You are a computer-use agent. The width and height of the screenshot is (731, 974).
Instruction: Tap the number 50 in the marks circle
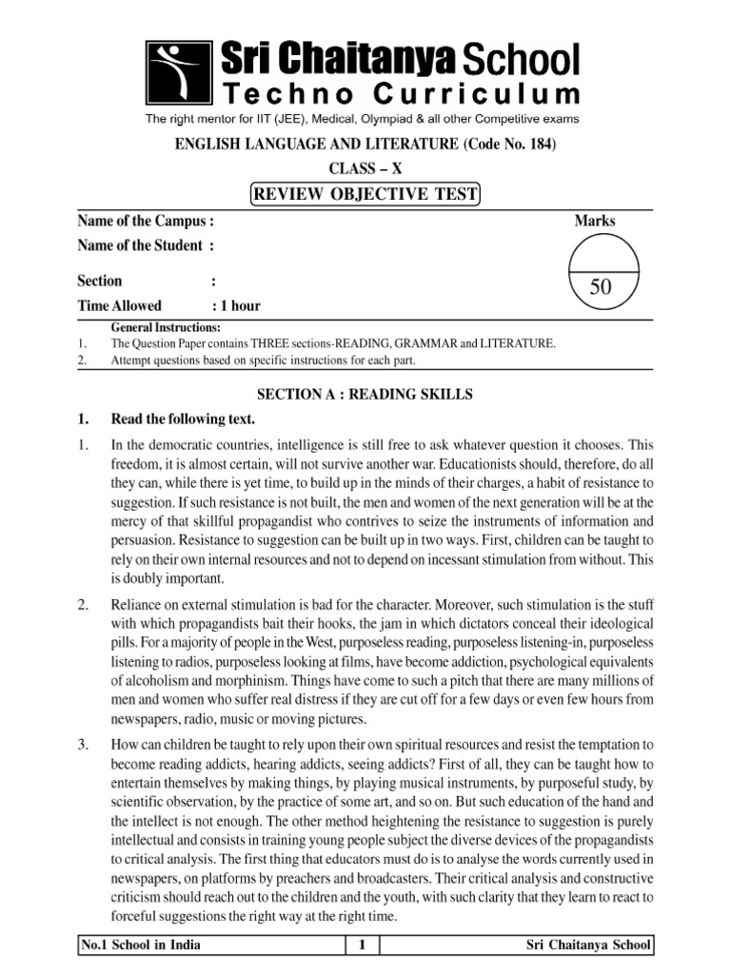click(600, 288)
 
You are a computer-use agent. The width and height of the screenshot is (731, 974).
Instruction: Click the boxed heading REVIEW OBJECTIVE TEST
click(365, 195)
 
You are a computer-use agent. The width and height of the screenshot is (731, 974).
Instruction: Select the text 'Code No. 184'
click(511, 144)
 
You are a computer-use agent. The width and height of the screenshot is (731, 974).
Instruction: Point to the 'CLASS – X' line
click(365, 169)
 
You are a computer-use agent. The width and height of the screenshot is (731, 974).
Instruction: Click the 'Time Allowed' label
click(119, 305)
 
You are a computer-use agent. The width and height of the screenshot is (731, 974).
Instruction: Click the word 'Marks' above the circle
click(595, 221)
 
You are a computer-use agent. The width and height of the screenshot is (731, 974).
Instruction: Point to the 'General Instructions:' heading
click(166, 327)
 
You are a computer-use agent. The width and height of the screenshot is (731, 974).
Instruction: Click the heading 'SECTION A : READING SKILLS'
click(365, 394)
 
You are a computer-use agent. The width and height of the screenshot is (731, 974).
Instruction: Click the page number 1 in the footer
click(362, 945)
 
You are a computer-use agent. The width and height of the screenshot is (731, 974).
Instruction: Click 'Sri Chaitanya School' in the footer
click(588, 945)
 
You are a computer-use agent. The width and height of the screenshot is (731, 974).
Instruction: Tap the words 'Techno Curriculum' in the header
click(401, 94)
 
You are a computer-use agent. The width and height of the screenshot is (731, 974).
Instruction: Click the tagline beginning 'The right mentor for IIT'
click(361, 119)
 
